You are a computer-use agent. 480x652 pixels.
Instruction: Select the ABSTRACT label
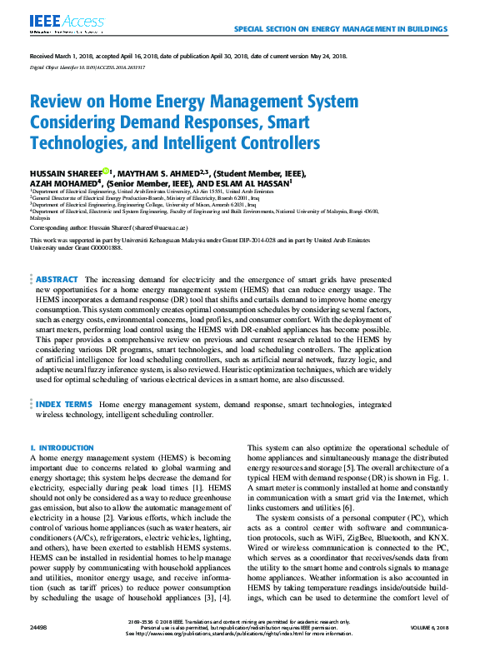57,280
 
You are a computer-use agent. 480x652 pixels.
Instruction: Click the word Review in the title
62,102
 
